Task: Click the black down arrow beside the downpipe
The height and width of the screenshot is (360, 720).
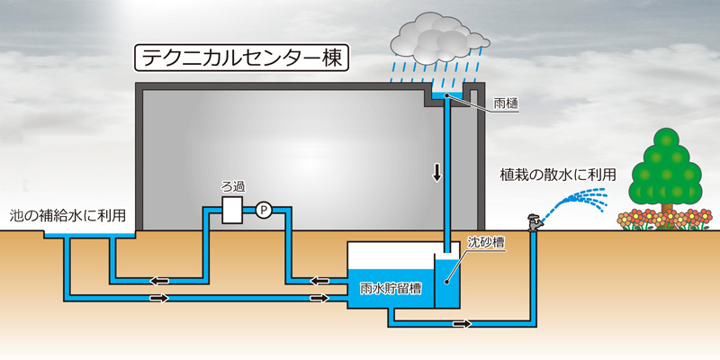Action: [x=436, y=173]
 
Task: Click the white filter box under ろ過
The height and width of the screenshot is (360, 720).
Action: [x=233, y=211]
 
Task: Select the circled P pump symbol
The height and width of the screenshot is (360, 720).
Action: [x=264, y=211]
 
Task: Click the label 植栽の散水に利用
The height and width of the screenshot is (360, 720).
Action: [x=564, y=174]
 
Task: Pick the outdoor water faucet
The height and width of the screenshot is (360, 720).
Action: [x=534, y=221]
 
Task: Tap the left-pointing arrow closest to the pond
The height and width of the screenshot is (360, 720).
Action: [x=159, y=280]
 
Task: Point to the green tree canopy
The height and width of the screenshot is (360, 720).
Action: [x=667, y=166]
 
